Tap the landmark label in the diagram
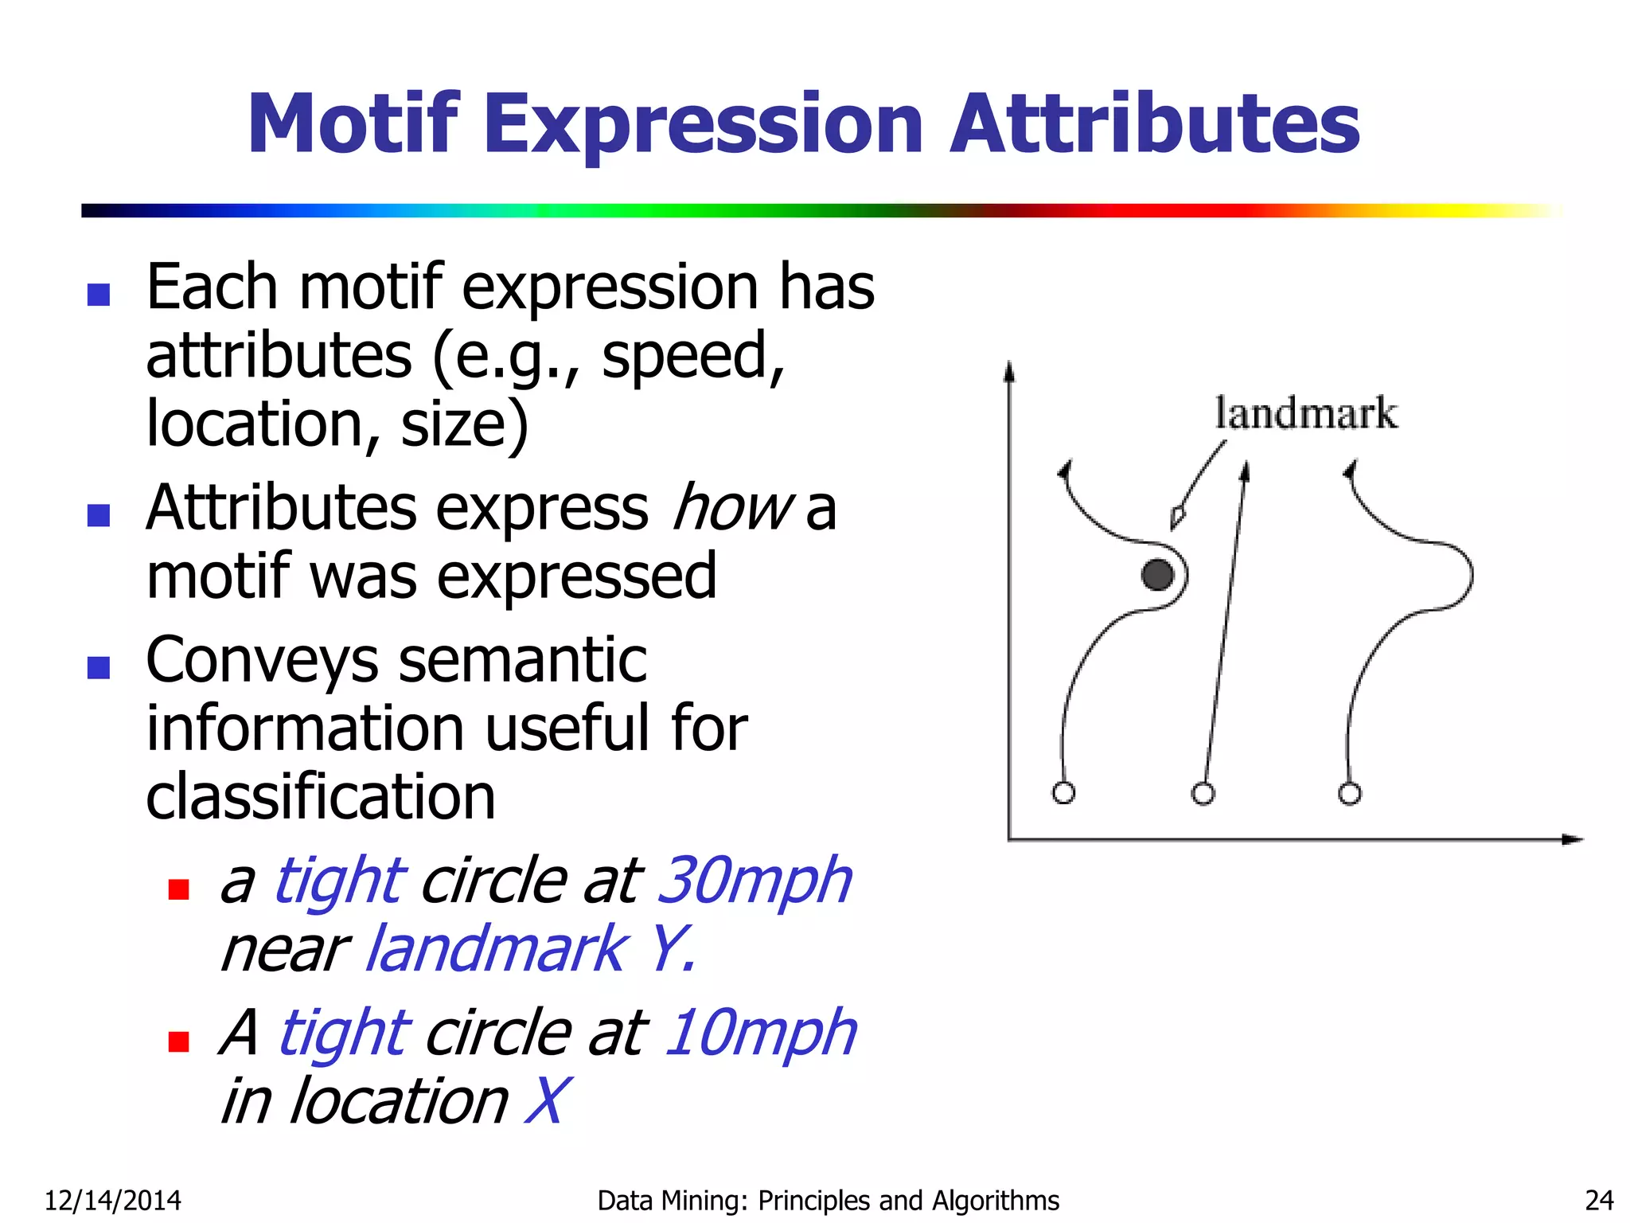1305,413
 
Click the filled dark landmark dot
1157,575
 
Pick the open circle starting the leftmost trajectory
1063,793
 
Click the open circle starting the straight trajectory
1203,794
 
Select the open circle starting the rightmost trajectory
1349,794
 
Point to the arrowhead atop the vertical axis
1009,371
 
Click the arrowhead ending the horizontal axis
1573,839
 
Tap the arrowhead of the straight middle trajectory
1246,471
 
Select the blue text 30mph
755,881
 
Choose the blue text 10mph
760,1033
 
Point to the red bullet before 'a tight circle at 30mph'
178,889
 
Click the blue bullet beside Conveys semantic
99,667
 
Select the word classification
321,796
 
